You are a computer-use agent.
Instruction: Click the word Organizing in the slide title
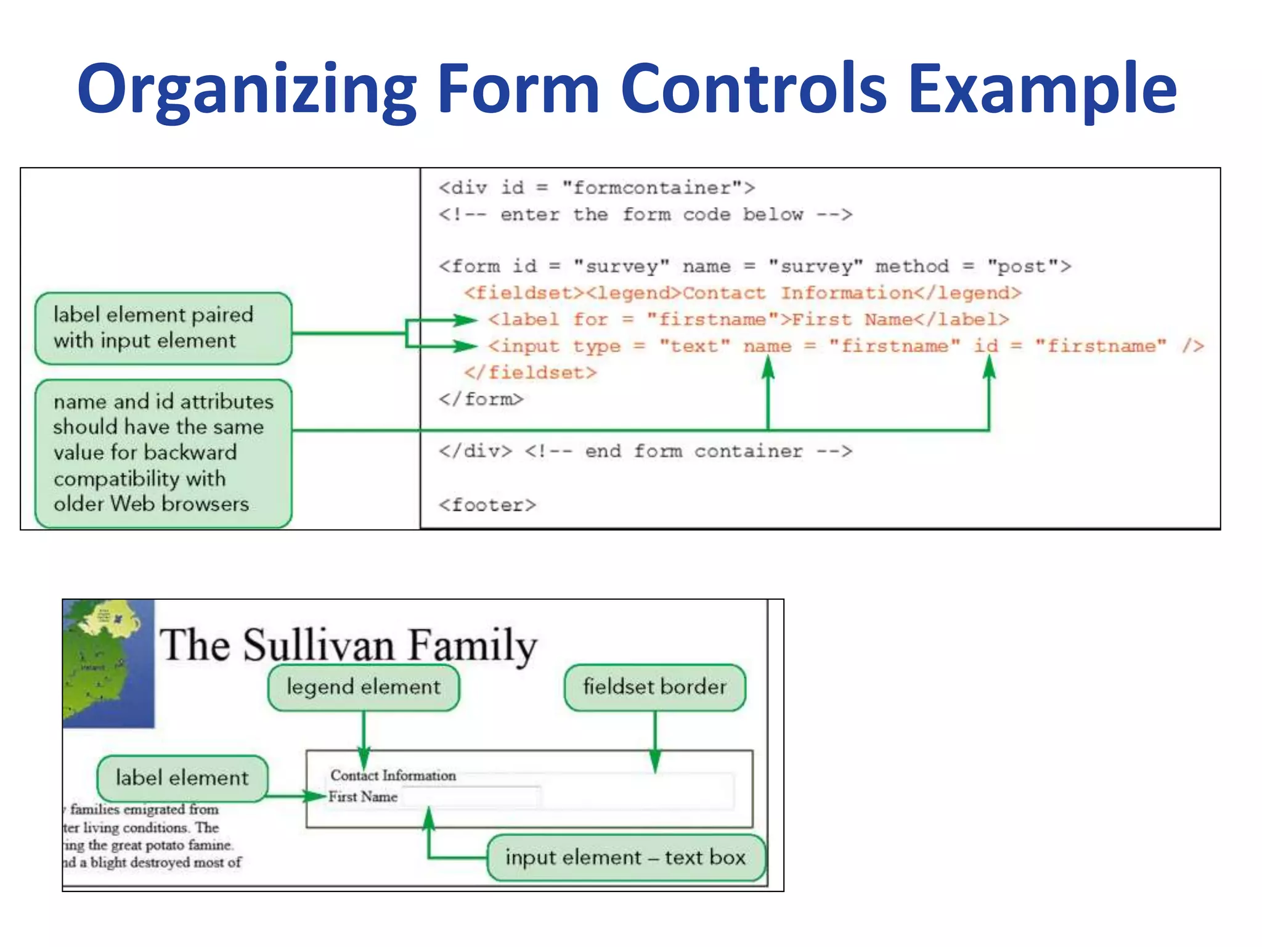246,89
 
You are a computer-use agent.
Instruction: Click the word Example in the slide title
1041,89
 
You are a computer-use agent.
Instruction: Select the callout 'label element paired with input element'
163,328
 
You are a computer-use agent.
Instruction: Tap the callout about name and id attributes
163,453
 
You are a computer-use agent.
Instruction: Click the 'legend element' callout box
364,687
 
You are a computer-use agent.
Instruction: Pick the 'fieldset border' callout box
654,687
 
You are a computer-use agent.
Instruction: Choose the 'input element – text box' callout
625,858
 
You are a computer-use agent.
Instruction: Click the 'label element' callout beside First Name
182,778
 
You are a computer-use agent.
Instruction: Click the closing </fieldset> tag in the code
531,372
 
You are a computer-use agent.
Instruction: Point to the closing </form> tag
481,399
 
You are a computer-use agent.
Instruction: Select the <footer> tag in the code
487,505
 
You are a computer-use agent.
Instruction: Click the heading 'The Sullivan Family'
349,645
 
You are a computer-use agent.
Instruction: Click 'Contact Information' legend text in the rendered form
393,775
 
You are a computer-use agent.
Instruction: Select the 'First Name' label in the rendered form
363,797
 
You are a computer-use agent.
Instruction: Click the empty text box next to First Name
471,797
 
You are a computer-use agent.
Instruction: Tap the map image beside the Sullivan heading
108,663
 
